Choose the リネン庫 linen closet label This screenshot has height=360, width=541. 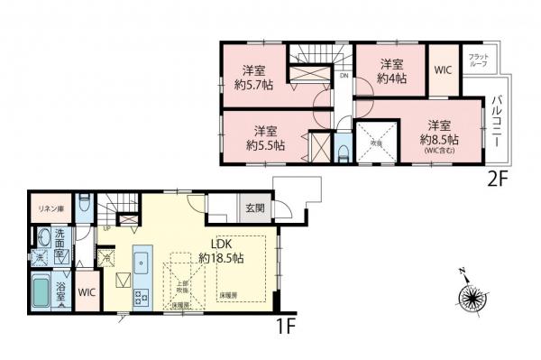click(x=48, y=208)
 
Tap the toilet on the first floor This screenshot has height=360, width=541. click(x=83, y=204)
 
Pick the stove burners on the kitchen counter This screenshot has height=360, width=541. click(x=142, y=296)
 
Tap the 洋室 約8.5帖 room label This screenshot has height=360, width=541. click(x=438, y=133)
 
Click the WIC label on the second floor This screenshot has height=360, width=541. click(x=443, y=69)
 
